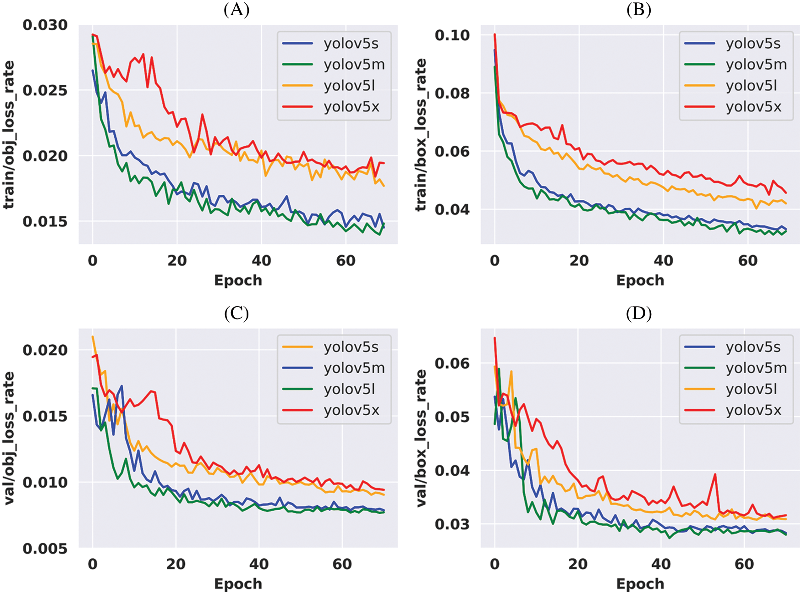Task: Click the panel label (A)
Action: click(236, 9)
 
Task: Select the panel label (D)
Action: click(638, 313)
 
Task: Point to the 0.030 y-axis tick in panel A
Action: click(45, 25)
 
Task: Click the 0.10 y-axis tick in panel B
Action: click(452, 35)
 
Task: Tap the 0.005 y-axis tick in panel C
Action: click(45, 548)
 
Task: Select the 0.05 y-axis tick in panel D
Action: click(452, 417)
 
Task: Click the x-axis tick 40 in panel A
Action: click(261, 261)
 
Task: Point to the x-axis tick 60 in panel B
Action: click(747, 261)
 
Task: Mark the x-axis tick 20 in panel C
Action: click(176, 564)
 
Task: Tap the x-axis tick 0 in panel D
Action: click(494, 564)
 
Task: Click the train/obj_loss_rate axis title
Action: click(9, 135)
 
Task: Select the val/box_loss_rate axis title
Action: click(421, 438)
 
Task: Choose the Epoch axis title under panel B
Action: click(640, 280)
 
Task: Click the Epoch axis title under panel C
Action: click(238, 584)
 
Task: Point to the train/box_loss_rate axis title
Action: click(421, 135)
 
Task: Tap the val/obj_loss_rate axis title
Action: click(9, 438)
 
